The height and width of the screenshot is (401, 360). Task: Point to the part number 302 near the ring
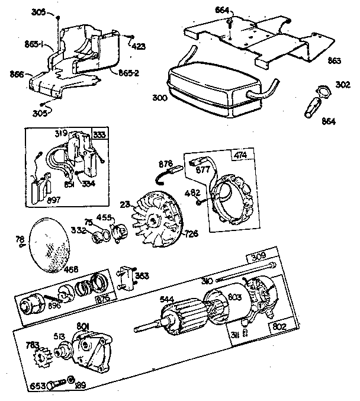(342, 85)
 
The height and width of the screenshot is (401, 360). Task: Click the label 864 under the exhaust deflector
(329, 121)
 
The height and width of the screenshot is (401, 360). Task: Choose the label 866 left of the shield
(17, 74)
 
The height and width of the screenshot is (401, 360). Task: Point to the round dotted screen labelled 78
(49, 244)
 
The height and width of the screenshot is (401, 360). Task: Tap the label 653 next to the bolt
(38, 386)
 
